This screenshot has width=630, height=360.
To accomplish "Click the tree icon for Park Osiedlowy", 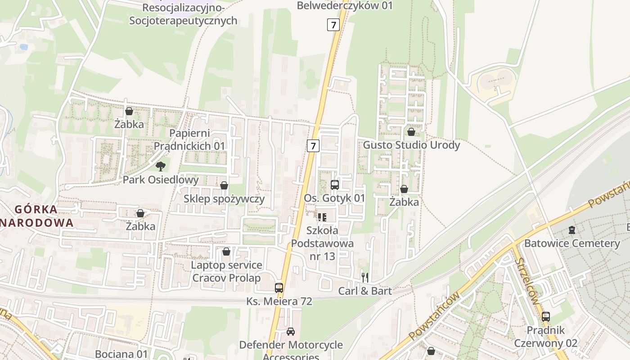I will (161, 166).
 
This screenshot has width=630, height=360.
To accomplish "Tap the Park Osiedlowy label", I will (161, 180).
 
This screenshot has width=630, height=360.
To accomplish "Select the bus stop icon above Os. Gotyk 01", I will (334, 184).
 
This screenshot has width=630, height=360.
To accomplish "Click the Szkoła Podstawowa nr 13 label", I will (322, 243).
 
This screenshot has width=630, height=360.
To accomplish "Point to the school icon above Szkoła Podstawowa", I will (322, 217).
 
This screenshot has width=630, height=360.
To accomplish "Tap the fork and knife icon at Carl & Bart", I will (365, 277).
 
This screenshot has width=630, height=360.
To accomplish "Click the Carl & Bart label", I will (365, 291).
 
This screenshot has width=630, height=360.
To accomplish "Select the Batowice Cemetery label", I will (572, 243).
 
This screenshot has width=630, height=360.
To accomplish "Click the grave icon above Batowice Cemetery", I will (571, 230).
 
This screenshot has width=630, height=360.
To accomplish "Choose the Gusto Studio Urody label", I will (411, 145).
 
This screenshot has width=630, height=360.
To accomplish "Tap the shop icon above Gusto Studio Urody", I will (411, 132).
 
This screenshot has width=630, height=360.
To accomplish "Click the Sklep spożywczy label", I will (224, 198).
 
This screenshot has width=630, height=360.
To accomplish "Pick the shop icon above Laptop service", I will (226, 251).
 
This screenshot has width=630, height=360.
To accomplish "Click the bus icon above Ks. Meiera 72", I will (279, 288).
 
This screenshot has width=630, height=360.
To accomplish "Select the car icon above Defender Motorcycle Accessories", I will (291, 332).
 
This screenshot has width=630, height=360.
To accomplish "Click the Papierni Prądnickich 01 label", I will (189, 139).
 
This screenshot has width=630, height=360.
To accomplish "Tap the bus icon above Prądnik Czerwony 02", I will (546, 316).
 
